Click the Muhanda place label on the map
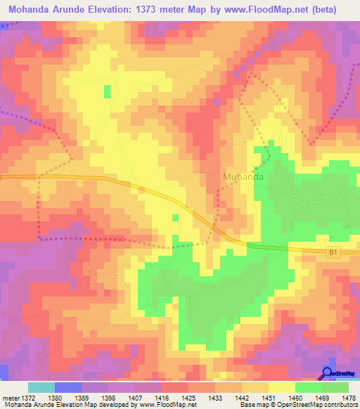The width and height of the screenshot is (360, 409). [x=244, y=178]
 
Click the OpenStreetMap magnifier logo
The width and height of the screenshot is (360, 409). [x=328, y=374]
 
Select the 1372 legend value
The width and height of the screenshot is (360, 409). [x=29, y=398]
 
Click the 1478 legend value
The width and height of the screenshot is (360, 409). [x=347, y=398]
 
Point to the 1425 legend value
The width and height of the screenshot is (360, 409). [x=188, y=398]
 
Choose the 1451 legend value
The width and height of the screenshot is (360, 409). [x=268, y=398]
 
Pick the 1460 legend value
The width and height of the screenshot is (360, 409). [x=295, y=398]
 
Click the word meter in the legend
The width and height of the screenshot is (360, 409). [x=10, y=398]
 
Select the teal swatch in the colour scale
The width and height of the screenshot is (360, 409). [x=41, y=387]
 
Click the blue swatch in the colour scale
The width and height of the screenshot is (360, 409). [x=68, y=387]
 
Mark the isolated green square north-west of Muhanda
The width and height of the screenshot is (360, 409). [x=108, y=91]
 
